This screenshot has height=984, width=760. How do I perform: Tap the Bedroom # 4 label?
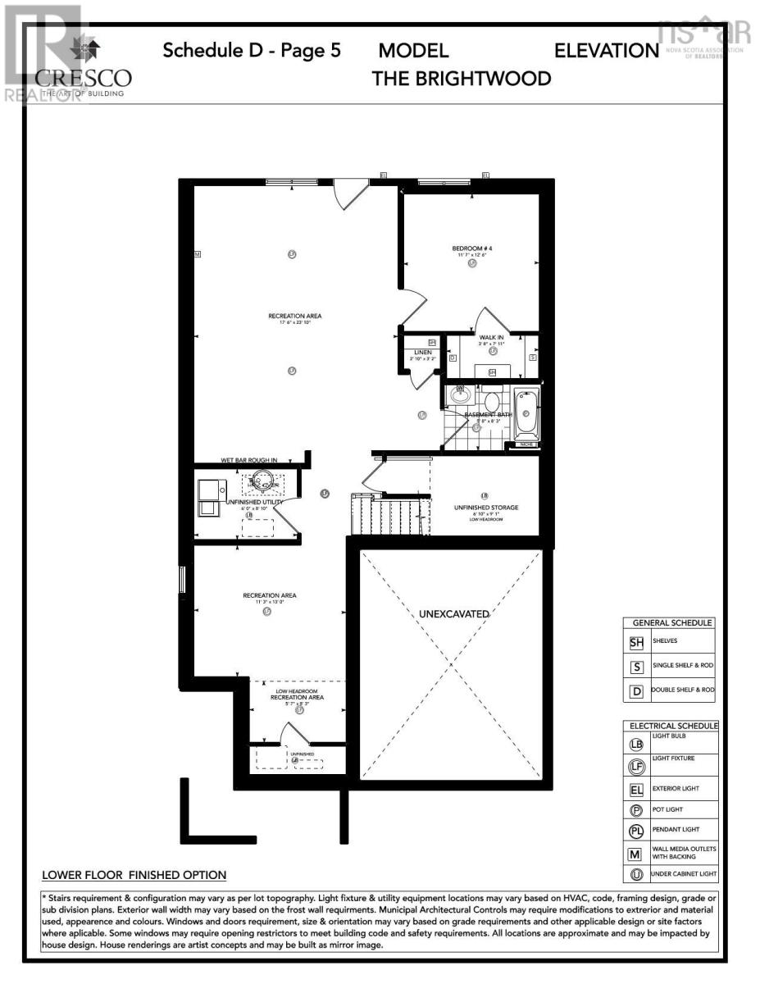(x=472, y=248)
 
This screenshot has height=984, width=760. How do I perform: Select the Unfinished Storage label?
(x=486, y=508)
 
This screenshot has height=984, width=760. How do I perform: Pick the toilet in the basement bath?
(x=492, y=402)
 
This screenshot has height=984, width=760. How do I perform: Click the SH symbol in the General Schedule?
(x=636, y=643)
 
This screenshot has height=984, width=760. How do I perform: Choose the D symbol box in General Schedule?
(x=636, y=691)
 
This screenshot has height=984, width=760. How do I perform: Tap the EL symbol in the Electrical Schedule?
(x=636, y=791)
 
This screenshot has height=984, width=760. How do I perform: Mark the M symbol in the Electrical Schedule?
(x=636, y=854)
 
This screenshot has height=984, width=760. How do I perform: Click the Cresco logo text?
(x=83, y=79)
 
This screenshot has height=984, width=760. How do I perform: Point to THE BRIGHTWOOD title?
(x=462, y=79)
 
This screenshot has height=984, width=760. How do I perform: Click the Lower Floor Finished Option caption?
(x=134, y=876)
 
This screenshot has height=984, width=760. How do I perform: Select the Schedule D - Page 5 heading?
(x=252, y=51)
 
